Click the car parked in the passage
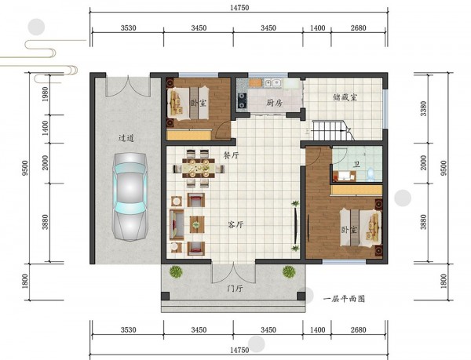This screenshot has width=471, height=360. click(130, 197)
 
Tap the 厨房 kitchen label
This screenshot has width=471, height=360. click(274, 103)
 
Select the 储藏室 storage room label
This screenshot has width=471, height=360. click(345, 97)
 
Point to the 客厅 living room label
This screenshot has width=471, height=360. click(235, 224)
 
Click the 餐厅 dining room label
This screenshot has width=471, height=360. click(231, 155)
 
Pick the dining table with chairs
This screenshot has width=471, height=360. click(199, 169)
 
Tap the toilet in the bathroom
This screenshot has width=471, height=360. click(371, 175)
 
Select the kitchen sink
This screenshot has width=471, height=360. click(272, 83)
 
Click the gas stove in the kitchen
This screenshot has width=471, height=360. click(243, 100)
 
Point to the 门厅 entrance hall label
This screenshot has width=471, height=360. click(234, 289)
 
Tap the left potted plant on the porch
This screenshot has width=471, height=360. click(176, 272)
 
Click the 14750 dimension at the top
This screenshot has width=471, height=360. click(239, 8)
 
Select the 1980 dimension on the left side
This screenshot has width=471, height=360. click(45, 94)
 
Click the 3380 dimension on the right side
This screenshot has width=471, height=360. click(423, 108)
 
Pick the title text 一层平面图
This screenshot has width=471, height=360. click(345, 299)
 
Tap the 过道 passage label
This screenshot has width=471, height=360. click(126, 138)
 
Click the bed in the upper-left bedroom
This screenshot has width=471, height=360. click(188, 103)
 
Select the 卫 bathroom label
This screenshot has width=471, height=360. click(356, 165)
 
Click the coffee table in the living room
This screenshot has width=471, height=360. click(197, 224)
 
